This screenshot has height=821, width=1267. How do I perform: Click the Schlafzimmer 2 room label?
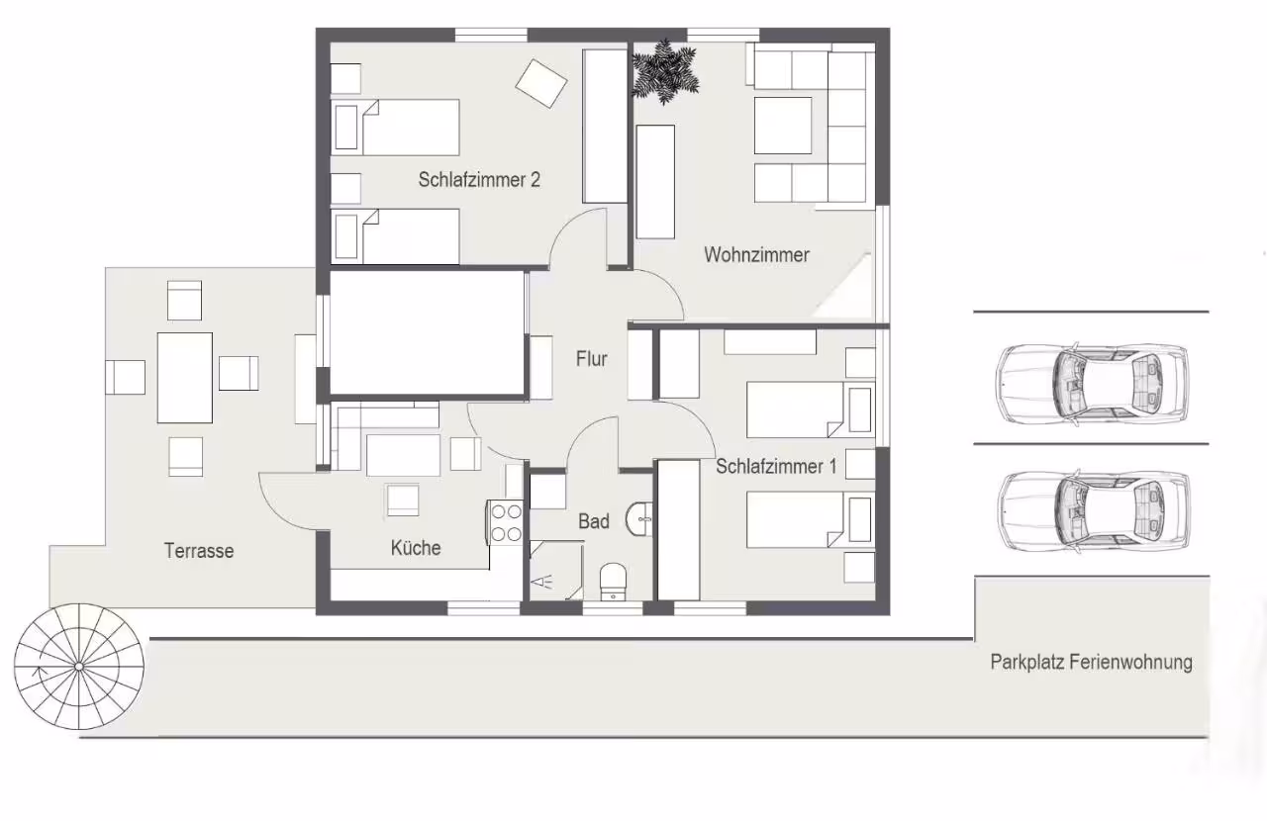coord(479,180)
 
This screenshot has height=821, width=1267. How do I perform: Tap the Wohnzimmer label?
coord(756,255)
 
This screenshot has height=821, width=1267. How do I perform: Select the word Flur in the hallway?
coord(592,358)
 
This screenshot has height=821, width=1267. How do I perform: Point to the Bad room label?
coord(593,521)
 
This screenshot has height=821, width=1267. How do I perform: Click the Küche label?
coord(416,548)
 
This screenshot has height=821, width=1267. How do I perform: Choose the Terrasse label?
coord(199,551)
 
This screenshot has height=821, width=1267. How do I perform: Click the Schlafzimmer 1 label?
coord(776,467)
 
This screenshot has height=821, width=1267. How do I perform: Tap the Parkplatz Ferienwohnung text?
coord(1091,662)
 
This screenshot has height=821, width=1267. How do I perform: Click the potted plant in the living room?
coord(665,71)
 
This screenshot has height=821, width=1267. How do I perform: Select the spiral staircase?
coord(78,667)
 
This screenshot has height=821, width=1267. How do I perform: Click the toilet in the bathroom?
coord(613,582)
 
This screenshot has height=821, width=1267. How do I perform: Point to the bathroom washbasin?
coord(639,518)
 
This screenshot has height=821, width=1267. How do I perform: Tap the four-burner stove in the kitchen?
coord(506,522)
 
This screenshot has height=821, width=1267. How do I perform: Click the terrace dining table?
coord(185,378)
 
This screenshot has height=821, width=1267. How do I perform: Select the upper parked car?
coord(1092,383)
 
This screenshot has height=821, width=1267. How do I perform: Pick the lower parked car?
coord(1094,511)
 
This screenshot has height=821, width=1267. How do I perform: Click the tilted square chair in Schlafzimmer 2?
coord(541,83)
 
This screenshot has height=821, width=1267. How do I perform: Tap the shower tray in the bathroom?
coord(556,570)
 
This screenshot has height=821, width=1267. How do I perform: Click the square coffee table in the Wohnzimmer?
coord(783,126)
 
